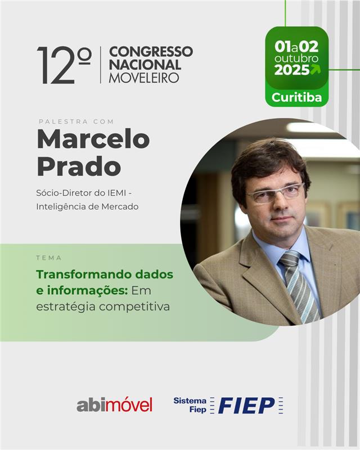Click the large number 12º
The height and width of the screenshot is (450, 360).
[64, 65]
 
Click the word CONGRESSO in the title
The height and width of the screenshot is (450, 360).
[151, 52]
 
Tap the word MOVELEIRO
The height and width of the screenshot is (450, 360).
[144, 78]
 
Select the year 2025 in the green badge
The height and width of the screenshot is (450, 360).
[292, 70]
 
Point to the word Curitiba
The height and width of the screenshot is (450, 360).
[296, 97]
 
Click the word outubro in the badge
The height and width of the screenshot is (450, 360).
[296, 58]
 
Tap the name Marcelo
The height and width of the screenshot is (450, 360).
[93, 139]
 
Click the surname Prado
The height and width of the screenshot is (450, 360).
[79, 166]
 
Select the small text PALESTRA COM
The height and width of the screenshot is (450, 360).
[76, 121]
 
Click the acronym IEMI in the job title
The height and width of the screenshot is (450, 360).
[116, 193]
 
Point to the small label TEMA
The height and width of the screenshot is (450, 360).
[49, 258]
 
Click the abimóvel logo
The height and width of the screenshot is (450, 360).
[114, 404]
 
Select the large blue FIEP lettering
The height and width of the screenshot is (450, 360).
[246, 406]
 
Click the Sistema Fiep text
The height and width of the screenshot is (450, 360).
[190, 405]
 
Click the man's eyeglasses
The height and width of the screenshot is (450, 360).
[275, 194]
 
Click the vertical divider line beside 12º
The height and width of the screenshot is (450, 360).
[101, 65]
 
